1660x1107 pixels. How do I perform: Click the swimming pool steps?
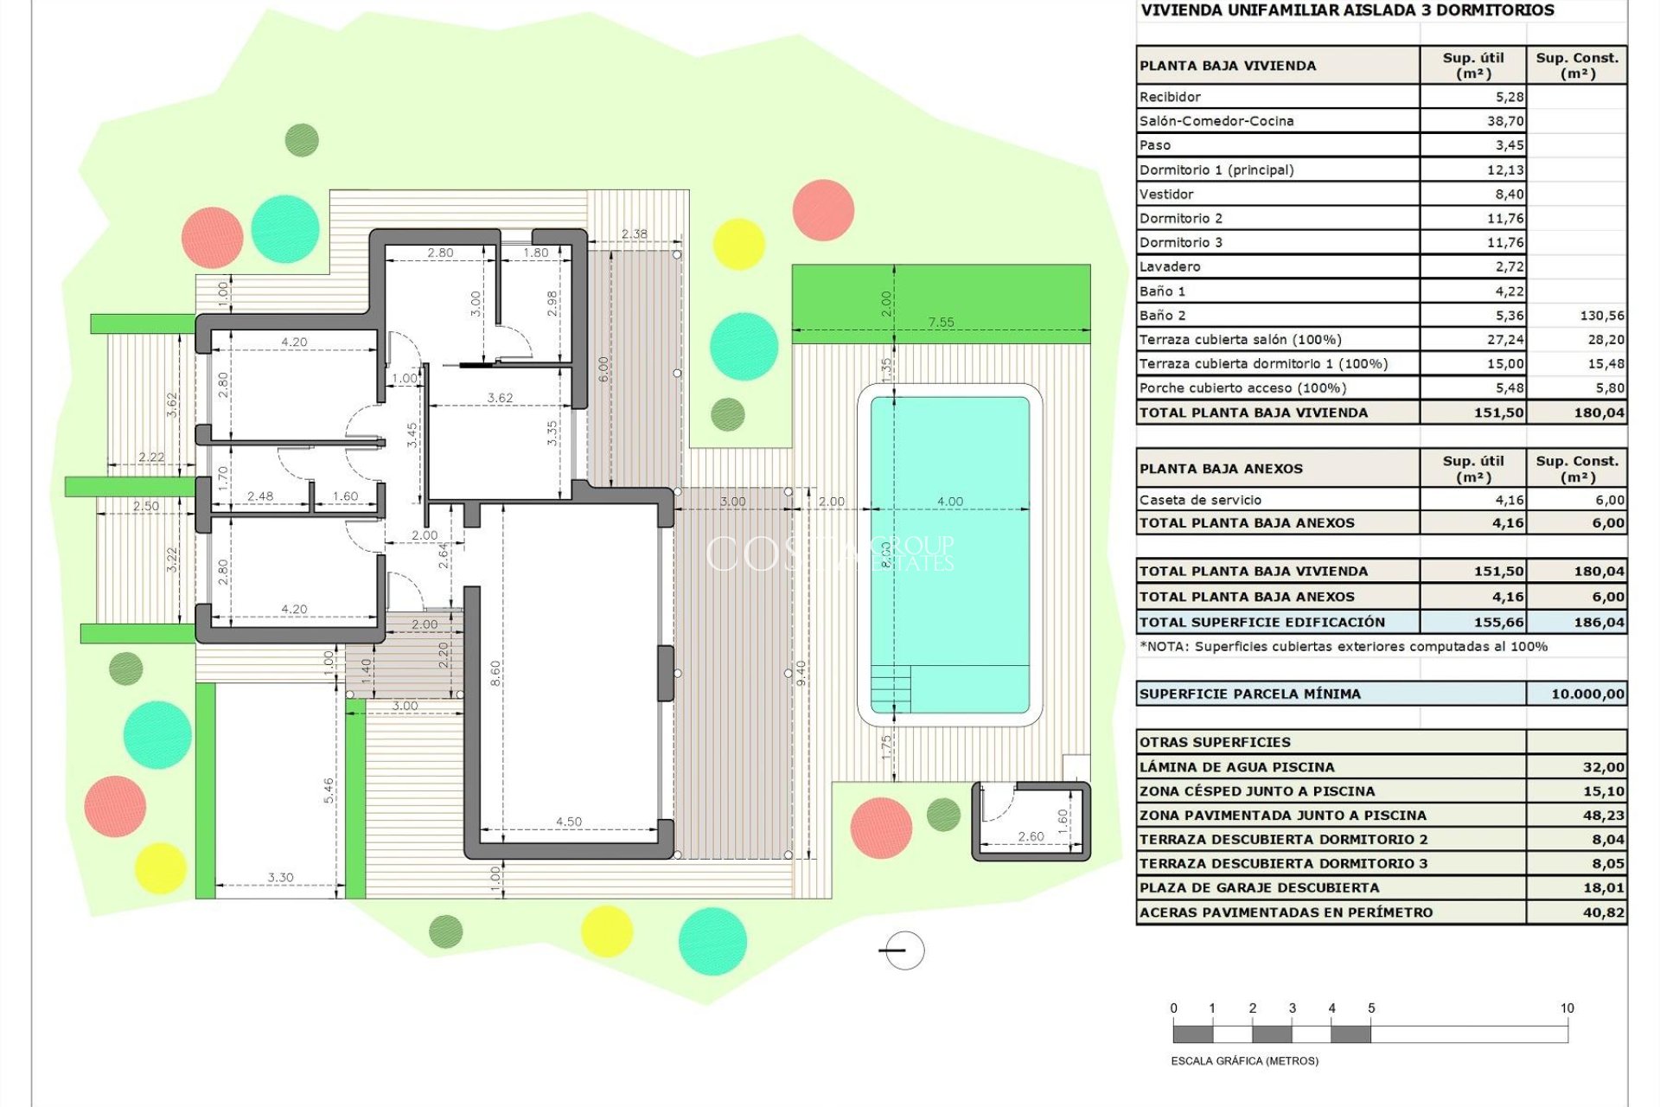[x=890, y=688]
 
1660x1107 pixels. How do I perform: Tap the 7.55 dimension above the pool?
[x=941, y=322]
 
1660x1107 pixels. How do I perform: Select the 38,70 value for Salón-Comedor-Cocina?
[x=1504, y=121]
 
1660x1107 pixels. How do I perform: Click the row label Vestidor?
[x=1166, y=195]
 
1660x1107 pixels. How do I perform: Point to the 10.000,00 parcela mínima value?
[x=1587, y=694]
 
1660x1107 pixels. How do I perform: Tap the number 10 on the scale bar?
[x=1567, y=1008]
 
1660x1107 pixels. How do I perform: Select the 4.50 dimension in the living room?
[x=568, y=822]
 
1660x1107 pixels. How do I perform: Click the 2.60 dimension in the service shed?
[x=1031, y=836]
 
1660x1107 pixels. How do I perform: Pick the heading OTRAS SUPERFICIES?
[x=1214, y=742]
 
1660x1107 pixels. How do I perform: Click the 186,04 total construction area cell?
[x=1599, y=622]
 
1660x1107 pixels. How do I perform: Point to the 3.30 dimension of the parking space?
[x=280, y=877]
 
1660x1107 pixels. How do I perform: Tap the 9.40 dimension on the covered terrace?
[x=801, y=672]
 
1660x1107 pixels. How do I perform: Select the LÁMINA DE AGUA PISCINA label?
[x=1236, y=767]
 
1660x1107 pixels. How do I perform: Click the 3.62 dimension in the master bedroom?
[x=500, y=398]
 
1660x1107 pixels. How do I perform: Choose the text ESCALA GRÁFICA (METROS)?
[x=1244, y=1060]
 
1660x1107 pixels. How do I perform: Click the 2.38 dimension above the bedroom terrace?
[x=634, y=234]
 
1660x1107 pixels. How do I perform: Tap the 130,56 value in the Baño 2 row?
[x=1601, y=316]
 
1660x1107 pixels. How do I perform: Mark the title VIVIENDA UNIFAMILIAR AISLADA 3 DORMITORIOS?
[x=1347, y=10]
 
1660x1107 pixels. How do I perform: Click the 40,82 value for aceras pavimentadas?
[x=1603, y=912]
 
